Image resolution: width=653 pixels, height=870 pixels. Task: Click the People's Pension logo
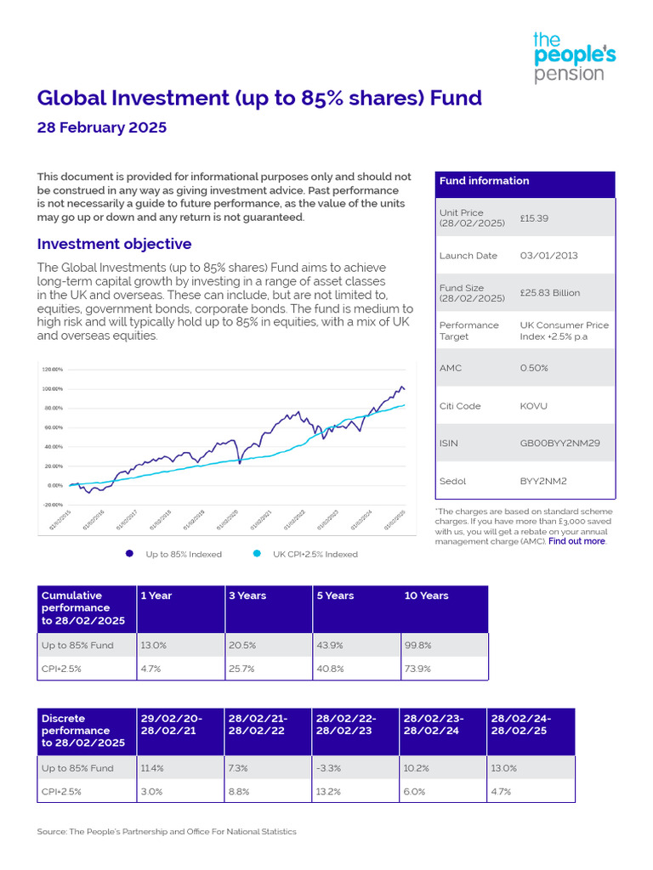click(x=574, y=57)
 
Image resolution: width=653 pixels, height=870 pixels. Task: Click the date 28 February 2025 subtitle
click(x=102, y=128)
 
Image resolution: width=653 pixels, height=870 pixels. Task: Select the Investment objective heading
click(x=114, y=244)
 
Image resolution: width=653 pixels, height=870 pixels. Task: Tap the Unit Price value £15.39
click(x=535, y=218)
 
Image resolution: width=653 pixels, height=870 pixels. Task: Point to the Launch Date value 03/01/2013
click(x=549, y=256)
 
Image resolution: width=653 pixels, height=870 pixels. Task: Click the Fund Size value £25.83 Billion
click(x=550, y=292)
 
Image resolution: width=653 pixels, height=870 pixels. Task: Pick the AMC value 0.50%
click(x=534, y=368)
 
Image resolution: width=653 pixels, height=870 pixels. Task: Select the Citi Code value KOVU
click(x=534, y=406)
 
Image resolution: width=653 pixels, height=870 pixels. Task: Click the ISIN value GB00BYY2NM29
click(x=559, y=443)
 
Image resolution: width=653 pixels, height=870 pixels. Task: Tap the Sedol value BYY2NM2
click(x=544, y=480)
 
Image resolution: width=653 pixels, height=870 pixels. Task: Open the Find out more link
click(x=576, y=541)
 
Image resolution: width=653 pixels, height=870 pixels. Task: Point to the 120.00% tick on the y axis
click(x=52, y=370)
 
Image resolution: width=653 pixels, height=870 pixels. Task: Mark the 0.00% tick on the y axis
click(x=54, y=485)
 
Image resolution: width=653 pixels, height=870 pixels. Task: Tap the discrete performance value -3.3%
click(x=328, y=768)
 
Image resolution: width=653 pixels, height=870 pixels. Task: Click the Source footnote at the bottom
click(x=167, y=832)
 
